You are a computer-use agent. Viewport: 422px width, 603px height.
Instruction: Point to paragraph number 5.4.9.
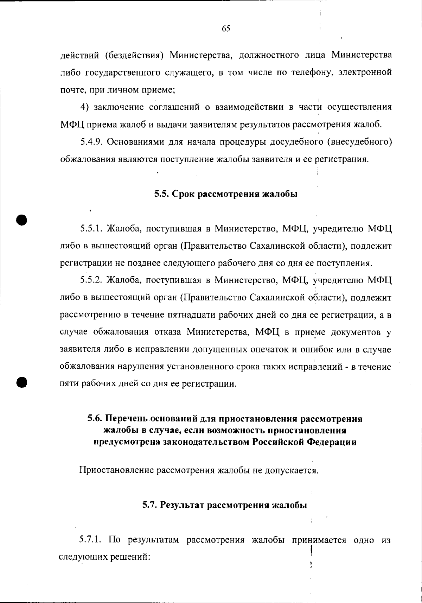[91, 142]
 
